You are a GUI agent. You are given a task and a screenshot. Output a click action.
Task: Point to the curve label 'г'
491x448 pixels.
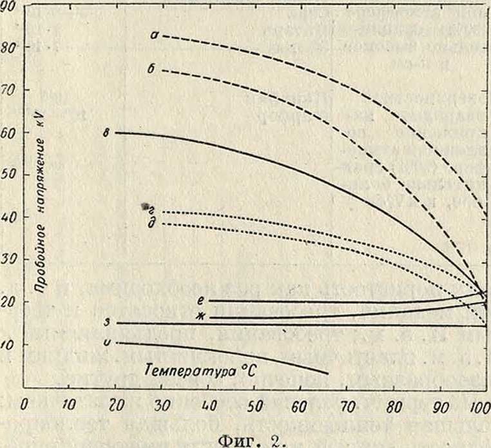point(150,209)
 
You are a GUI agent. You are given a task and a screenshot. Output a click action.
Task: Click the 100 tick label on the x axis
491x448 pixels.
point(477,407)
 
